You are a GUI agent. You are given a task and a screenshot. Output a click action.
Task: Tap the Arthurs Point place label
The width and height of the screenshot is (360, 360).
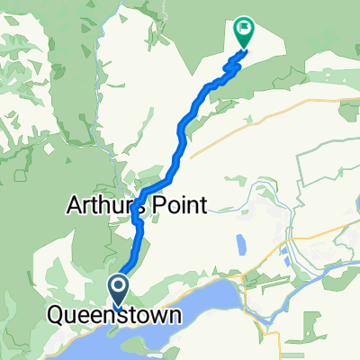[137, 205]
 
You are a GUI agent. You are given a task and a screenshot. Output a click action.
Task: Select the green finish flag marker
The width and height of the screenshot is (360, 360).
[243, 32]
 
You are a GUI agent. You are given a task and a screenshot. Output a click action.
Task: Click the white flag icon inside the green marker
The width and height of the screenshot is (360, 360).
[243, 30]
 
